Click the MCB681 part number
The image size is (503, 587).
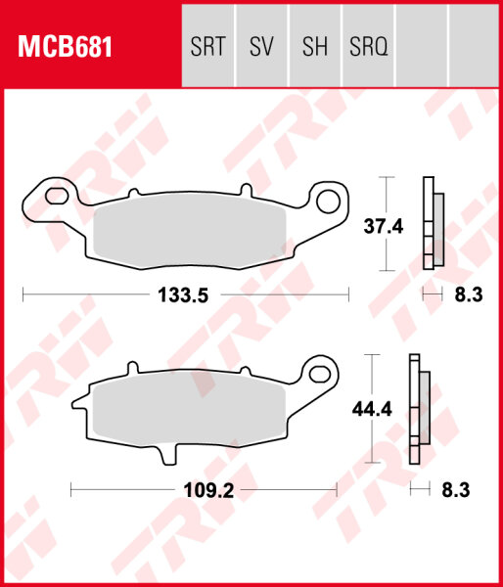(62, 47)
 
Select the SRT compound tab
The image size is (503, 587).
(208, 47)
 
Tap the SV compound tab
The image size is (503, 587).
(262, 47)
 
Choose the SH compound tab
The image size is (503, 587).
(314, 47)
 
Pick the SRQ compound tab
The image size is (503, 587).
(368, 47)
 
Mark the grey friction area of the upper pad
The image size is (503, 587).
(191, 231)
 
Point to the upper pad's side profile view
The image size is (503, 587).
(432, 224)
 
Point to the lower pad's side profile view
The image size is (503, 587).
(418, 410)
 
